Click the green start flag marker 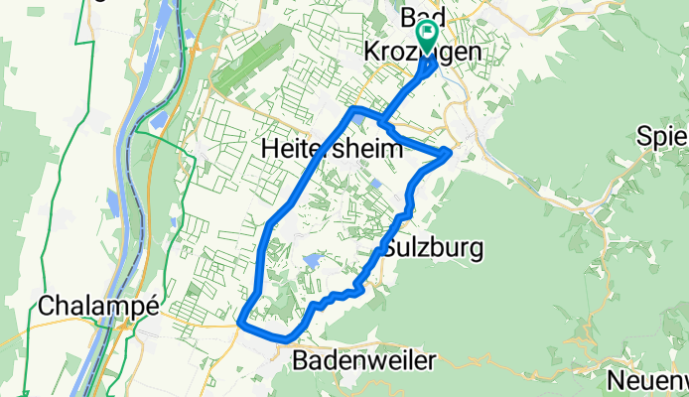tap(428, 36)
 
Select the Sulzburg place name tap(433, 248)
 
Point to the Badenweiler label tap(364, 361)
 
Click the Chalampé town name tap(98, 307)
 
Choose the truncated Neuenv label tap(648, 382)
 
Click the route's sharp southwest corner tap(241, 322)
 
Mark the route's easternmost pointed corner tap(452, 152)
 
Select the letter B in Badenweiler tap(301, 361)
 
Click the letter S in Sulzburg tap(389, 248)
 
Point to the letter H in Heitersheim tap(268, 148)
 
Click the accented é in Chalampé tap(152, 307)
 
